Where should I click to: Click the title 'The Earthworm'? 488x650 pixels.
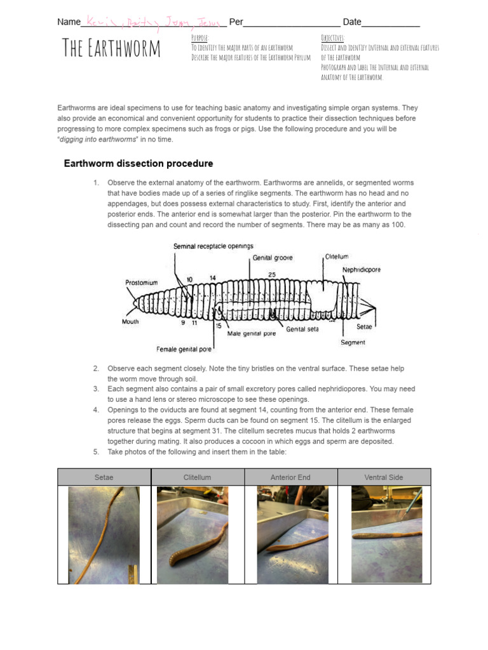[x=111, y=49]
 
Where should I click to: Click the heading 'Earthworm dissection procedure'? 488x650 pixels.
[x=139, y=164]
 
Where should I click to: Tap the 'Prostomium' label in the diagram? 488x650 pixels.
[x=141, y=282]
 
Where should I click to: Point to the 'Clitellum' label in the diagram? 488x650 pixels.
[x=337, y=256]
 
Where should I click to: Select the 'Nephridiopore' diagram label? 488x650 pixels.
[x=362, y=270]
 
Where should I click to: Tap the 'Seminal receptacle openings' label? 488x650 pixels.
[x=213, y=246]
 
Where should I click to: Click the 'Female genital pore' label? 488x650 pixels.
[x=184, y=349]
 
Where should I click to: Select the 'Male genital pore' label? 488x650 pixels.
[x=252, y=334]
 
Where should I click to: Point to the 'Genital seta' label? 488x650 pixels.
[x=302, y=329]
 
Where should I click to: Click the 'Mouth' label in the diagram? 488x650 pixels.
[x=130, y=322]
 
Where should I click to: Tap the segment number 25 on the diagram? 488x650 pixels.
[x=271, y=274]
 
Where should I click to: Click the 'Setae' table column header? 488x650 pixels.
[x=104, y=477]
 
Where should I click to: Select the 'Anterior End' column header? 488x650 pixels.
[x=290, y=477]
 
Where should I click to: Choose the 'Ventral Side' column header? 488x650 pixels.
[x=384, y=477]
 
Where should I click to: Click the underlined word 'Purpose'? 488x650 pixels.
[x=200, y=38]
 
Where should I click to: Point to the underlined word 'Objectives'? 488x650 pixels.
[x=332, y=38]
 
